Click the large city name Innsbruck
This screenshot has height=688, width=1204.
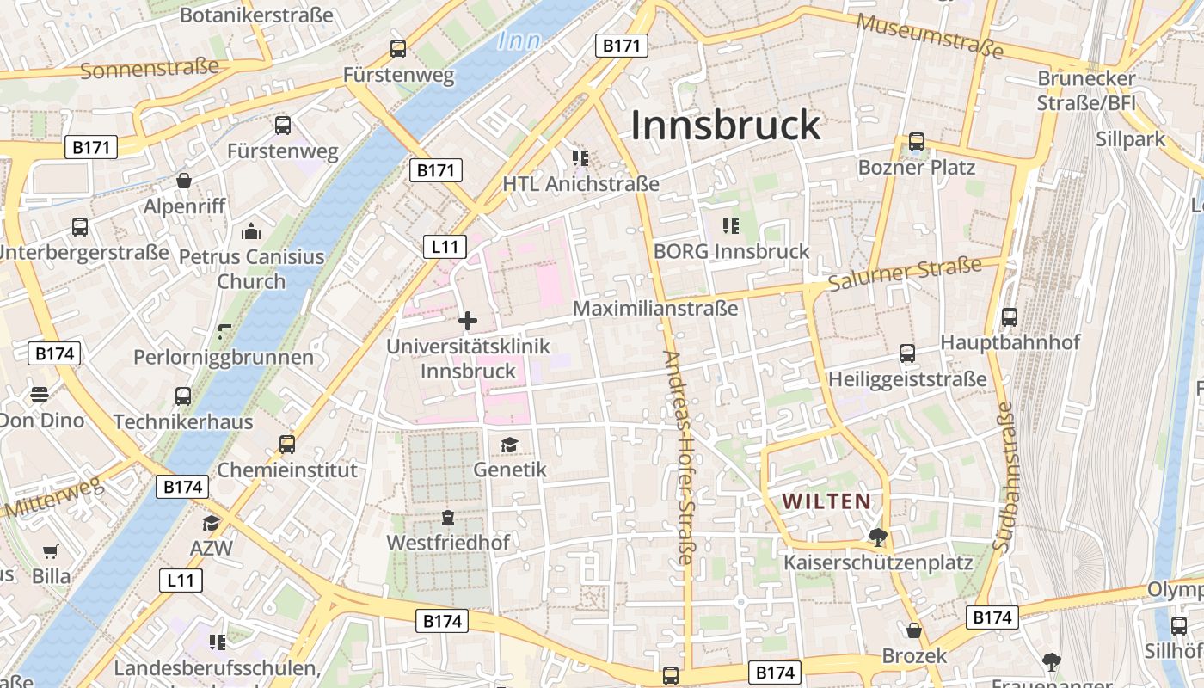(726, 126)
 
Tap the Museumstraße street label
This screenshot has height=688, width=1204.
(930, 36)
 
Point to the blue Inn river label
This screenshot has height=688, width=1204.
(519, 40)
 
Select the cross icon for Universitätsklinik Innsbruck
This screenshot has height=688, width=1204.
(468, 321)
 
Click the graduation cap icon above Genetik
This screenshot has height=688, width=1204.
(510, 445)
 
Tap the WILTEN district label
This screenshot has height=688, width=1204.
(826, 501)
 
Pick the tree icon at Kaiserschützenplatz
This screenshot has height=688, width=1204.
(878, 538)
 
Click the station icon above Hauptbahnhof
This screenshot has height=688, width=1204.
(1010, 316)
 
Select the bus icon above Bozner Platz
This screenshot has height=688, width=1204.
(917, 142)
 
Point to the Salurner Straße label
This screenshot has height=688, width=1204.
(904, 274)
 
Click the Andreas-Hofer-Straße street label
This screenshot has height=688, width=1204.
(678, 458)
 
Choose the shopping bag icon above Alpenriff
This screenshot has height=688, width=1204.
(184, 181)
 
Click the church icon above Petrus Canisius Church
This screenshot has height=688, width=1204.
(251, 231)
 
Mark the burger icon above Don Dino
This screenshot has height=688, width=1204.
(40, 395)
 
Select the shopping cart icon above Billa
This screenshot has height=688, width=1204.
(51, 551)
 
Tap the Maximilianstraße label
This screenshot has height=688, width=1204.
(655, 308)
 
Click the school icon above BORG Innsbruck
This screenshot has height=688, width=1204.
(731, 226)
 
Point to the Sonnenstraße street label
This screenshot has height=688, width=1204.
(150, 68)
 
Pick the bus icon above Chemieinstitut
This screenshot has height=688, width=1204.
(287, 444)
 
